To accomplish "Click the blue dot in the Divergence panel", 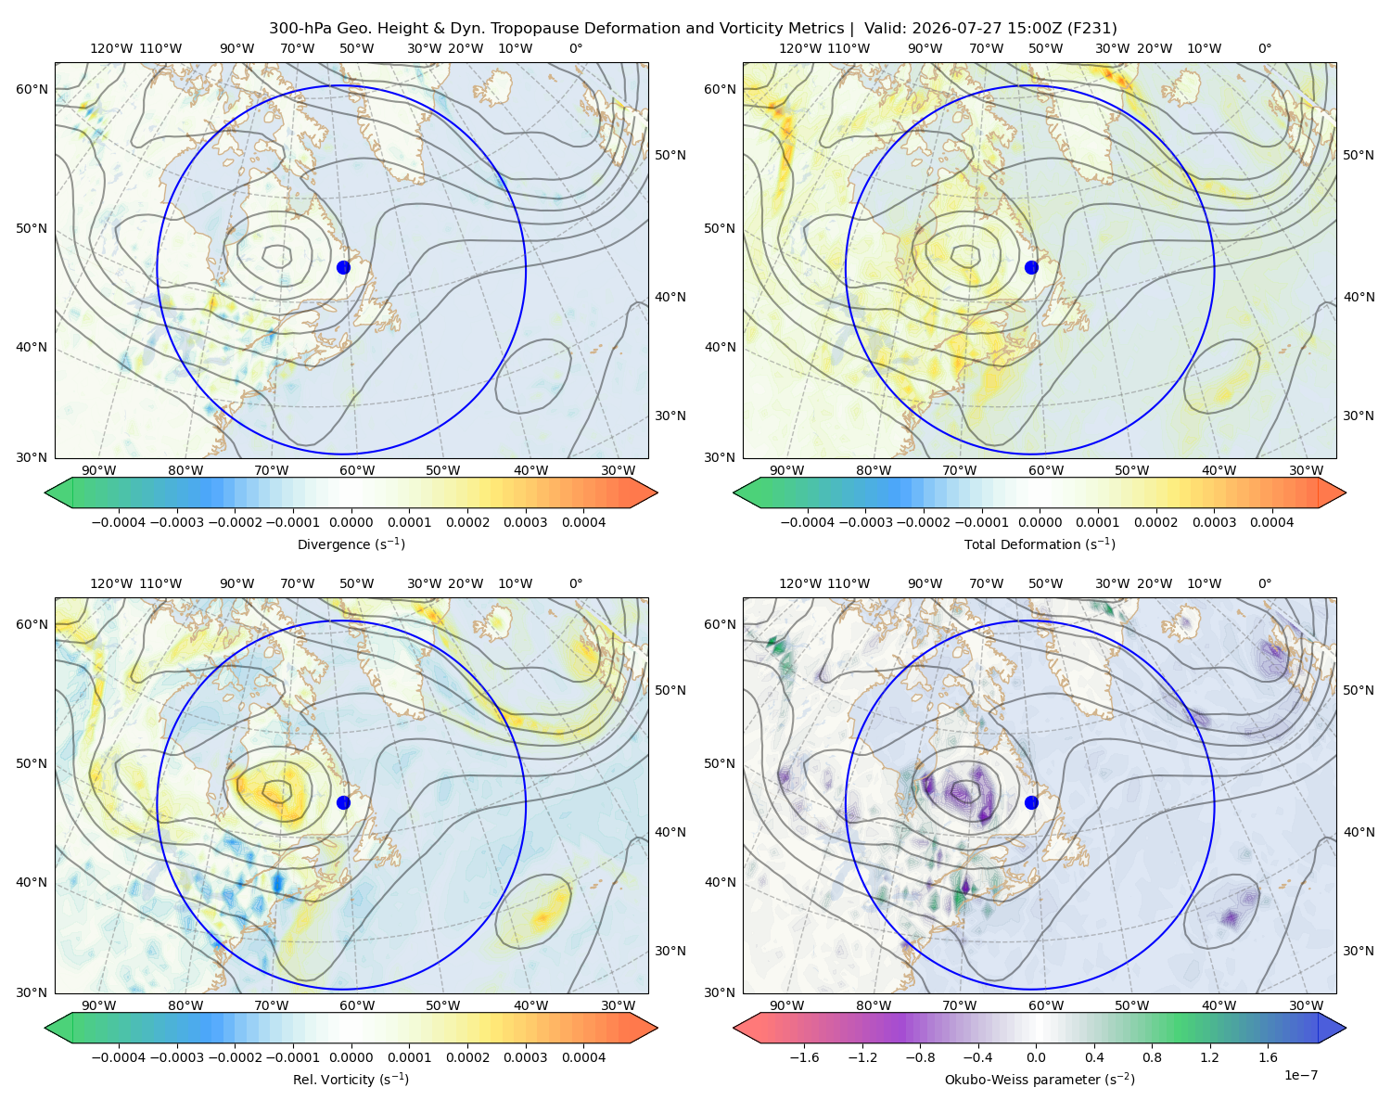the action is tap(343, 267).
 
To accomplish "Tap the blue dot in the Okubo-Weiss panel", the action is tap(1031, 802).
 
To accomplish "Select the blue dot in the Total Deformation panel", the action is tap(1031, 267).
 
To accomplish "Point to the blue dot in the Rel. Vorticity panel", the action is tap(343, 802).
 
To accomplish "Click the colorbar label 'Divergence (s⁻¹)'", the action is tap(351, 544).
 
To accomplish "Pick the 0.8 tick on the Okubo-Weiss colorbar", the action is tap(1152, 1057).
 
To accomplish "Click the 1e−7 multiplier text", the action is tap(1300, 1075).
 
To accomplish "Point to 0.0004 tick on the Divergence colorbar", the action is tap(583, 522).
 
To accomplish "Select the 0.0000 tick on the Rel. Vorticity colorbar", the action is tap(351, 1057).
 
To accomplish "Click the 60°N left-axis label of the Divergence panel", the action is tap(32, 89).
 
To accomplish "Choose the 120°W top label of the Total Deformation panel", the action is tap(799, 48).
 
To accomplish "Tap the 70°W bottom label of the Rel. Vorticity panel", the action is tap(271, 1005).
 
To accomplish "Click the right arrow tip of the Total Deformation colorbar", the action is tap(1346, 493).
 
